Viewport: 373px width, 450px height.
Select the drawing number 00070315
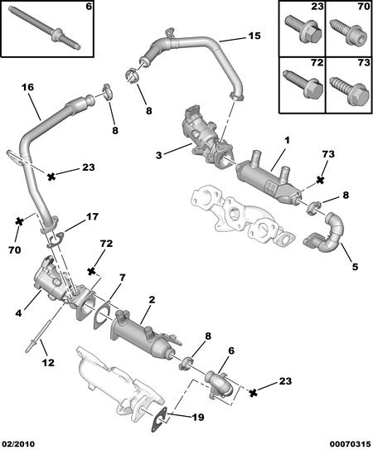coord(348,442)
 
